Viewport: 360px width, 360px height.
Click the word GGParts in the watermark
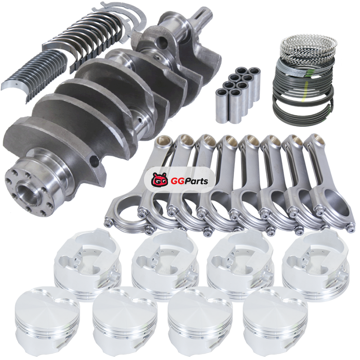click(189, 181)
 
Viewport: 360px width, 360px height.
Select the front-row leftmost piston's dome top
click(47, 306)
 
